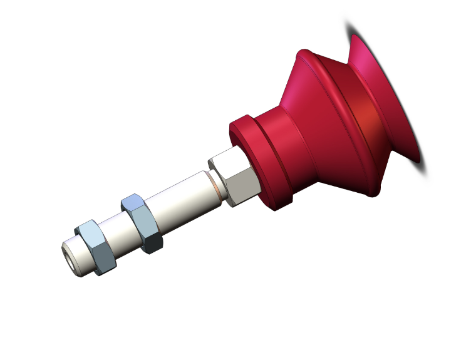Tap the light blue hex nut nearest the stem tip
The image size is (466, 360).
tap(95, 247)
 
